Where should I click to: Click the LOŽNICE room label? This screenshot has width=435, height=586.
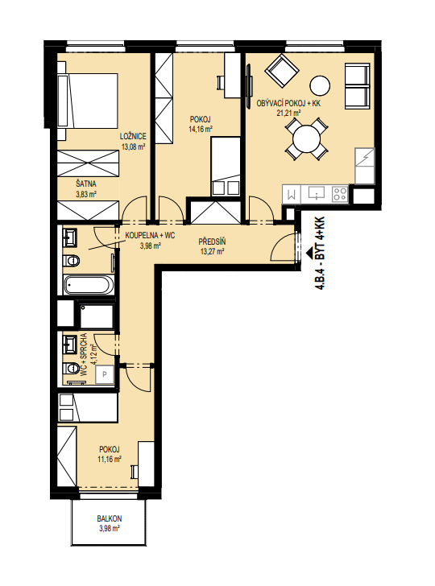tap(133, 136)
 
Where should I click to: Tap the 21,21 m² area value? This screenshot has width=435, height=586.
tap(288, 113)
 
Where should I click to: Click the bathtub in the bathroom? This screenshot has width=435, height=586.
tap(89, 285)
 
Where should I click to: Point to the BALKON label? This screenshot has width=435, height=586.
tap(110, 518)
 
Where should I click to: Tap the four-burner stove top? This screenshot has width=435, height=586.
tap(340, 194)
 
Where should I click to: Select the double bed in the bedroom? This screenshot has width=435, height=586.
tap(88, 101)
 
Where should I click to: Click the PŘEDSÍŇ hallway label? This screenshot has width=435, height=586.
tap(212, 242)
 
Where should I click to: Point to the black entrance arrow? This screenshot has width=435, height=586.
tap(309, 253)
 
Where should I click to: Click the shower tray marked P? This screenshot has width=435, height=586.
tap(105, 374)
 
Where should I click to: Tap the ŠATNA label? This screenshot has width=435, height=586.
tap(86, 184)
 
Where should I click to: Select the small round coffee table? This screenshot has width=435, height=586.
tap(320, 85)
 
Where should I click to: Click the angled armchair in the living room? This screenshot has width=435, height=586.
tap(282, 71)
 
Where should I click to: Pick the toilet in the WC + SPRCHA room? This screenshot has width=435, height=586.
tap(71, 369)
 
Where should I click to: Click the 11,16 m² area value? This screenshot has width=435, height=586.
tap(110, 459)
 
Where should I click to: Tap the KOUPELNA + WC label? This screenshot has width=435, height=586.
tap(150, 236)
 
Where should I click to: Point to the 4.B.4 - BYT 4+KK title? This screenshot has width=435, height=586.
tap(320, 254)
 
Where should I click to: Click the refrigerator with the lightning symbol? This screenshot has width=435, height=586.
tap(364, 157)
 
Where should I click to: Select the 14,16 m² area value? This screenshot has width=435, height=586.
tap(201, 130)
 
